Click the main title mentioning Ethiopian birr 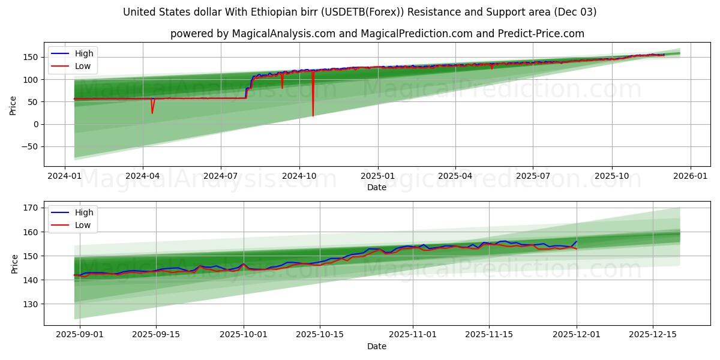click(359, 12)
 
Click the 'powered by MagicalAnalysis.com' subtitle click(377, 34)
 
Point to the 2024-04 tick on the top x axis click(142, 176)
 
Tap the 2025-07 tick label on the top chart click(533, 176)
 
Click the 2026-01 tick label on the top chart click(690, 176)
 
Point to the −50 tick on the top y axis click(30, 146)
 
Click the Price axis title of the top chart click(13, 106)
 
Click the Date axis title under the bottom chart click(377, 346)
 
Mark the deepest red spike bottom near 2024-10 click(313, 115)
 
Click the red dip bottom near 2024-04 click(152, 112)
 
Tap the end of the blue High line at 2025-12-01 click(577, 241)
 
